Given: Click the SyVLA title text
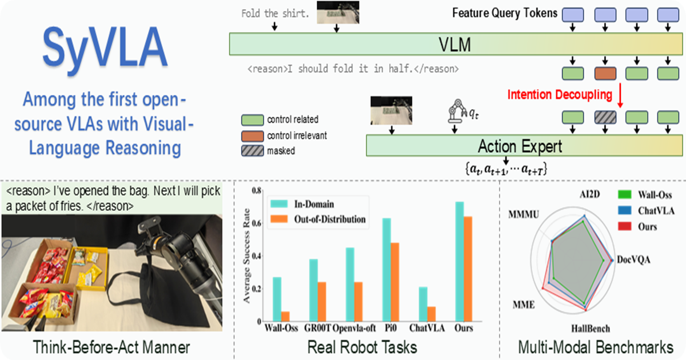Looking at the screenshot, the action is (x=105, y=49).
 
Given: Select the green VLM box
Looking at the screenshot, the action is (x=456, y=44).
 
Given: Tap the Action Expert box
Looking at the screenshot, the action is (x=524, y=145).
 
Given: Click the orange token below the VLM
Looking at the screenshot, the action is (x=605, y=74).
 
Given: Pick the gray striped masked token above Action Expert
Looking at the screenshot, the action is (x=605, y=118).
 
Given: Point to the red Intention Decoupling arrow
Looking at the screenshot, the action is (x=620, y=95).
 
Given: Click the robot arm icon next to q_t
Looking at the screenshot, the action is (x=457, y=111).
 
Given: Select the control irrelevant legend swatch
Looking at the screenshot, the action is (x=252, y=136).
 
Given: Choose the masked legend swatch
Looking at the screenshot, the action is (x=252, y=151).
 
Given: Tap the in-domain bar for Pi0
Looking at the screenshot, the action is (x=386, y=270).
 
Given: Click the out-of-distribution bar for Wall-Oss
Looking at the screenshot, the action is (x=285, y=317).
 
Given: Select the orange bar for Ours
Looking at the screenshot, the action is (x=468, y=269).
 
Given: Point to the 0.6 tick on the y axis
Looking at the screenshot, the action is (x=257, y=223).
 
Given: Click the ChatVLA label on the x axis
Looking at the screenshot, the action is (x=427, y=328).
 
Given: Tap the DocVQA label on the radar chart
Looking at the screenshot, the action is (x=633, y=259).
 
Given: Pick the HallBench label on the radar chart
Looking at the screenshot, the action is (x=591, y=329).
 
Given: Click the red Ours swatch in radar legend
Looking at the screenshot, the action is (x=624, y=226).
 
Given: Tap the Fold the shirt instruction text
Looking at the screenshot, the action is (x=275, y=14).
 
